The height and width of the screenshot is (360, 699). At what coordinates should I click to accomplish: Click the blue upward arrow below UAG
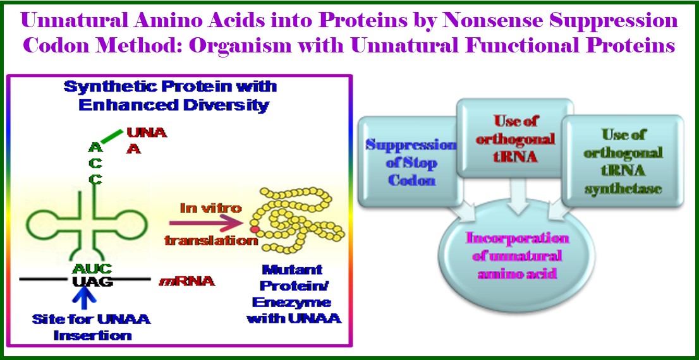pos(85,299)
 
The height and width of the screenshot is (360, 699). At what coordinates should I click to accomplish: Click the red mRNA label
pos(187,282)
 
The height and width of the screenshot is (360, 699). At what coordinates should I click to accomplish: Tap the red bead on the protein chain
pos(255,229)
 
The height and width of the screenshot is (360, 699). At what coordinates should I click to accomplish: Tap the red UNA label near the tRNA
pos(147,133)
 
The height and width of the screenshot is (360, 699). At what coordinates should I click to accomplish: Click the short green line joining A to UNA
pos(111,136)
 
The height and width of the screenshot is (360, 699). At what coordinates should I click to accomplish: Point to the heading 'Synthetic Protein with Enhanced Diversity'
pos(170,95)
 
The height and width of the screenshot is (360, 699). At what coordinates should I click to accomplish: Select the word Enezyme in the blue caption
pos(291,302)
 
